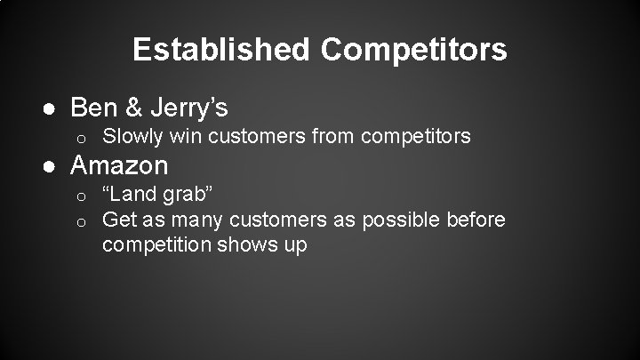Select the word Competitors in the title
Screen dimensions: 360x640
(415, 50)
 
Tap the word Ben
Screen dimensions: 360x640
(93, 108)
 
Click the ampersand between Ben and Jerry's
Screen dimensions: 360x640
(133, 108)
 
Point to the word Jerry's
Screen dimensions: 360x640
(188, 109)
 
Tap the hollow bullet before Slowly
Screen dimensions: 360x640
(79, 138)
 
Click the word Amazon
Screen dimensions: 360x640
(119, 165)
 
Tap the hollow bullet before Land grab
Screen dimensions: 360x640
(79, 195)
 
